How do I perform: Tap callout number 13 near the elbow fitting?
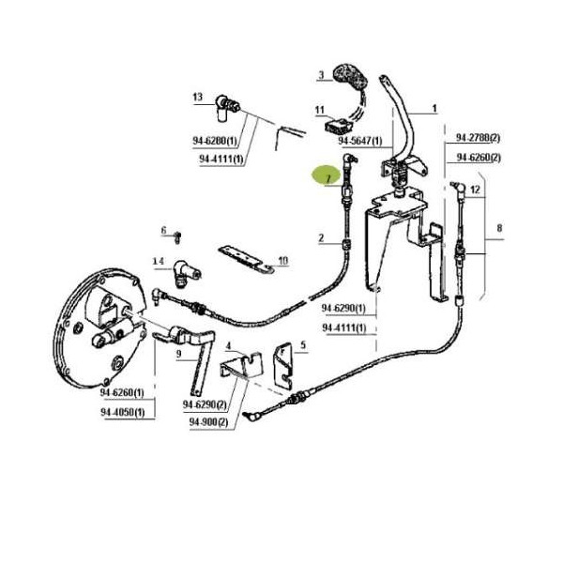pos(197,97)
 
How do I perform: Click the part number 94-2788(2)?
pos(478,137)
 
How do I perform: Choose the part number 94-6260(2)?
pos(478,157)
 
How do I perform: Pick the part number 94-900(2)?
pos(208,422)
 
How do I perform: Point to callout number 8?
pos(499,228)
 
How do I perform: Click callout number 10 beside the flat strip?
pos(283,260)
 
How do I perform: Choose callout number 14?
pos(157,260)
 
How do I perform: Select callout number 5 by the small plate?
pos(303,345)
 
